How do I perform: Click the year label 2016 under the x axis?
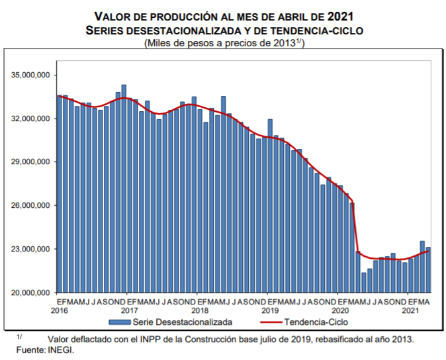coord(60,310)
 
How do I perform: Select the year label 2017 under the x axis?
coord(130,310)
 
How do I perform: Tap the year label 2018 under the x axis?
coord(200,310)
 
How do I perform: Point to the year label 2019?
coord(270,310)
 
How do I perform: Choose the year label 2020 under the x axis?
coord(339,310)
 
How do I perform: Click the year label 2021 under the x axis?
coord(410,310)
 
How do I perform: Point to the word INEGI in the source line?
coord(60,349)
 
